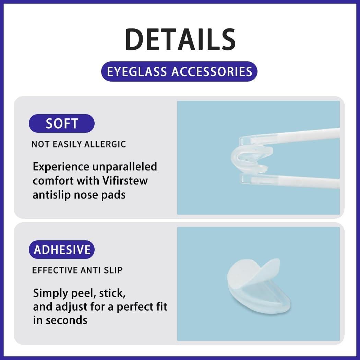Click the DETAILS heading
(180, 39)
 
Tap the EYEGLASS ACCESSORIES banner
(179, 72)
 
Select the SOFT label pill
(62, 123)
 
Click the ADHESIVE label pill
(62, 250)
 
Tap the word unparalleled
(124, 167)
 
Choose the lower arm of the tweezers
(291, 181)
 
